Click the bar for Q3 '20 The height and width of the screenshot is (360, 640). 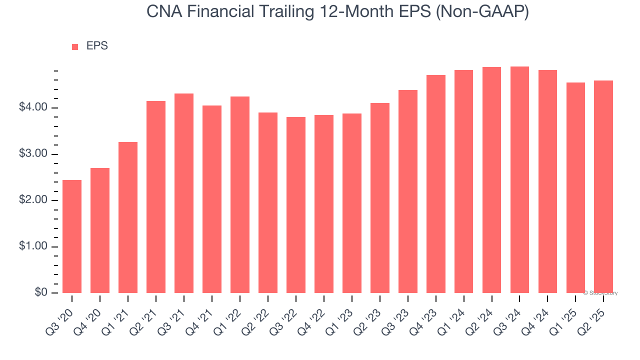point(72,236)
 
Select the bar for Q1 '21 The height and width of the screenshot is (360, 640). point(128,217)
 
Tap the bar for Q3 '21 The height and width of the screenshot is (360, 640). point(184,193)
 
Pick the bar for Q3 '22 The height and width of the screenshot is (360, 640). point(296,204)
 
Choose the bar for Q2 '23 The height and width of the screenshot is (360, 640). point(380,197)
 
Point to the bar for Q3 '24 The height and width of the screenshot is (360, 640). point(519,179)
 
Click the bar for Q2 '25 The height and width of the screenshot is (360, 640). point(603,186)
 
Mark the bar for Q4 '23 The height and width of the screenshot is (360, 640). point(436,183)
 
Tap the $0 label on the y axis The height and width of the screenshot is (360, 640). point(41,293)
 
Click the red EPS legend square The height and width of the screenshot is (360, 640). point(75,47)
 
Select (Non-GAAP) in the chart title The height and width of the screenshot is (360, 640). point(482,12)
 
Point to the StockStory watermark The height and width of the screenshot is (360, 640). point(600,293)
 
